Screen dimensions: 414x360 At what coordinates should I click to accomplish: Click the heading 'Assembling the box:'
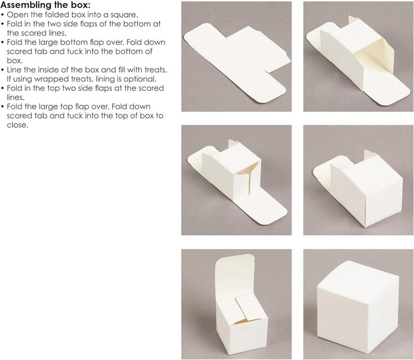[45, 6]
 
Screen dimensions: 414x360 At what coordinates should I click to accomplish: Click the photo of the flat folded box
[235, 56]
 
